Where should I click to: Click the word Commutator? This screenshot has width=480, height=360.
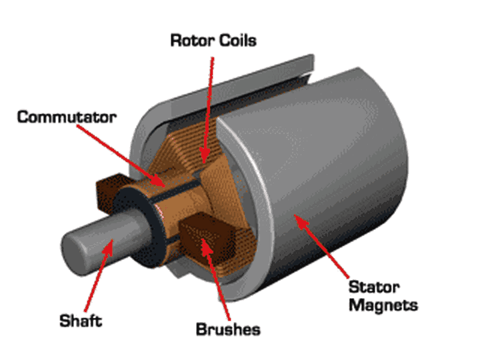(x=66, y=117)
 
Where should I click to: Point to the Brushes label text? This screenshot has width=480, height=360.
(x=227, y=329)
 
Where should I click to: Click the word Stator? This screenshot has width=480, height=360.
(x=375, y=287)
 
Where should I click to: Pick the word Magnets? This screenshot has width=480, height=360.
(x=384, y=305)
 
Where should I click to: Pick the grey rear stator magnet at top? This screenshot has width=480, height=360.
(x=267, y=80)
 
